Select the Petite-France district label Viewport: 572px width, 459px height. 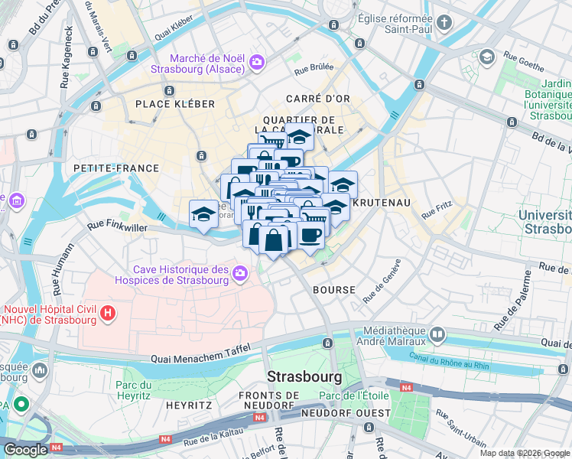point(116,168)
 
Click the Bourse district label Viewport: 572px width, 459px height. point(334,290)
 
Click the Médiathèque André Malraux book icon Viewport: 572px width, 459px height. point(437,334)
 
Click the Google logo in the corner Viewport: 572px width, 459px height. point(26,450)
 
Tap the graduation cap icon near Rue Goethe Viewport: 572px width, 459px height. point(487,57)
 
